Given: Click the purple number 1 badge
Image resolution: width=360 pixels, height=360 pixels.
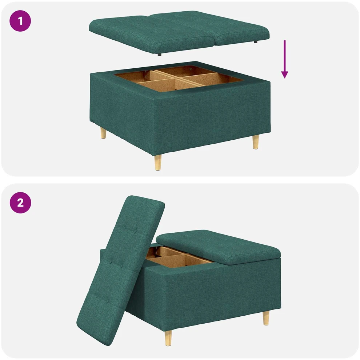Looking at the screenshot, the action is tap(20, 21).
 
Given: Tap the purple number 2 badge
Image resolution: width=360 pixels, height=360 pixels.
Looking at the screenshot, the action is tap(20, 203).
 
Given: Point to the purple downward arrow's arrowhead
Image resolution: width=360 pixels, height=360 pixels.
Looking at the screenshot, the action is tap(284, 75).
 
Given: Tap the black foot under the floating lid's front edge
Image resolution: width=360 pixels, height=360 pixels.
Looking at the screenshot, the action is tap(160, 55).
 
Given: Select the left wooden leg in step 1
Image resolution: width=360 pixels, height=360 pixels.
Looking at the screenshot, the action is tap(103, 133).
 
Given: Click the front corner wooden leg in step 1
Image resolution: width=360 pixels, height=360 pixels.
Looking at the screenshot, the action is tap(158, 162).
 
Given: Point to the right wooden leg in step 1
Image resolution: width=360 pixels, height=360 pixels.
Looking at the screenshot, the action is tap(256, 142).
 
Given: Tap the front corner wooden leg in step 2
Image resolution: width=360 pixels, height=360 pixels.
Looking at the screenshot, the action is tap(168, 338).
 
